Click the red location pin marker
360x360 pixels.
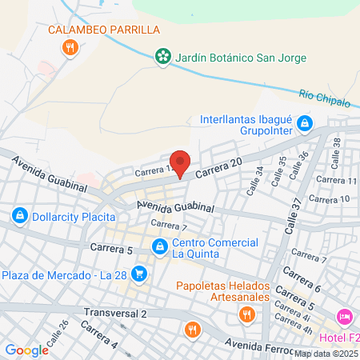click(x=180, y=163)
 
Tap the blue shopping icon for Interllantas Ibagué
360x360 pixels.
click(x=305, y=123)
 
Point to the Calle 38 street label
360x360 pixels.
click(x=336, y=147)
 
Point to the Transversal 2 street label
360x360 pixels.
click(x=114, y=312)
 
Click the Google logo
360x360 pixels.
click(x=26, y=350)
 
